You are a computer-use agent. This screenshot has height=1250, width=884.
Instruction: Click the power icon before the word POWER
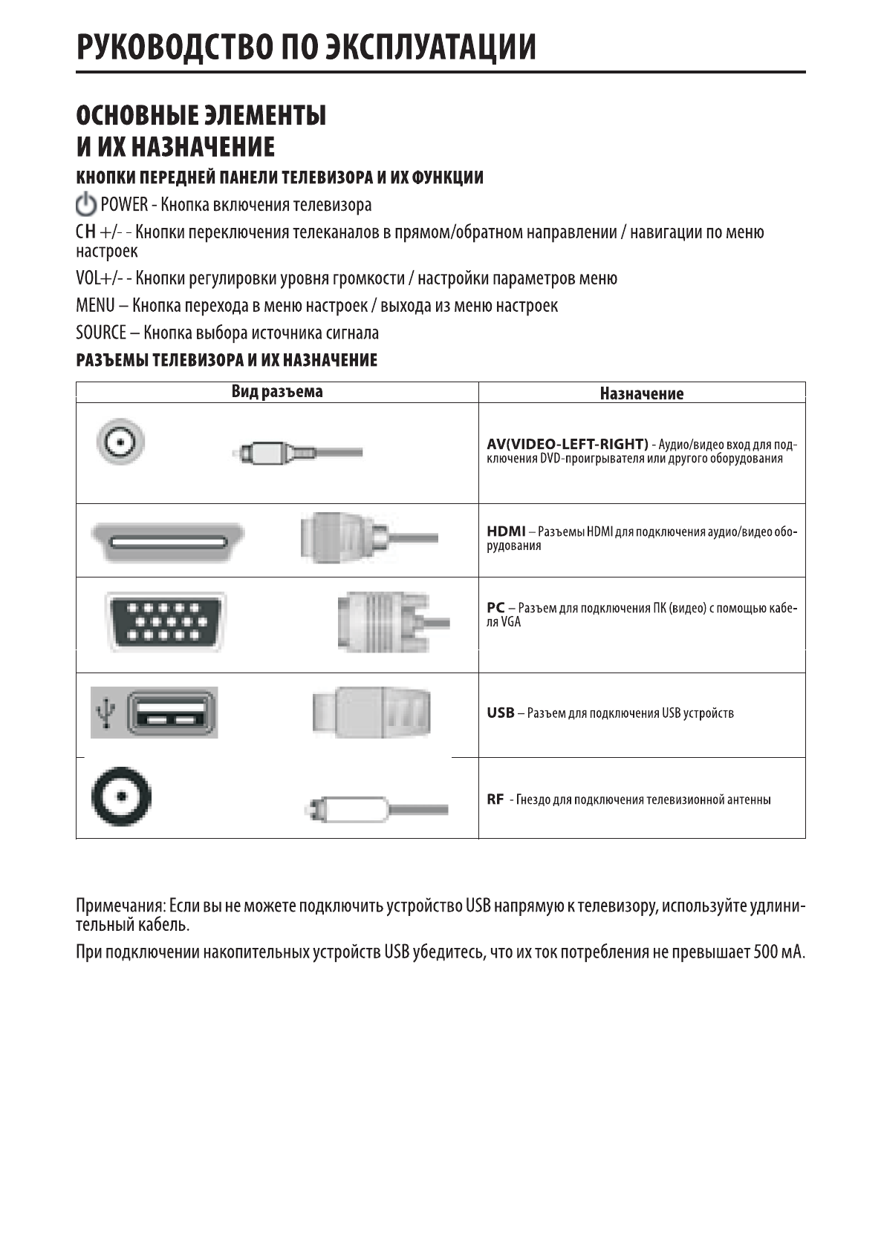tap(86, 204)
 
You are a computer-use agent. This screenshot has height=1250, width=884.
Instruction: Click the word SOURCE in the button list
tap(100, 333)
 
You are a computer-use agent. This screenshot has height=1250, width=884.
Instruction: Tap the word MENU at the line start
tap(95, 306)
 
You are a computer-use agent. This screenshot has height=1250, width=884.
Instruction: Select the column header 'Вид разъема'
tap(277, 391)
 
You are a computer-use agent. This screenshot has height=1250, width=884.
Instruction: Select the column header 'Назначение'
tap(642, 393)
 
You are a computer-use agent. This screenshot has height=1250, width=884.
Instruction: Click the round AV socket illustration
tap(120, 443)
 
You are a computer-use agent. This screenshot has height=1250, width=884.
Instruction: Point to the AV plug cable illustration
tap(297, 452)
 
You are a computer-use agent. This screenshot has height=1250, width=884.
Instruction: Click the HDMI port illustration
tap(168, 543)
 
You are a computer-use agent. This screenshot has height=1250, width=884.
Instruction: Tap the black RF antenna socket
tap(121, 798)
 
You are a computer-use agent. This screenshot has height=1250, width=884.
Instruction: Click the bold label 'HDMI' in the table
tap(506, 531)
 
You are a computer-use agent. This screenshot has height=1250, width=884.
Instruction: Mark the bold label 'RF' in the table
tap(495, 799)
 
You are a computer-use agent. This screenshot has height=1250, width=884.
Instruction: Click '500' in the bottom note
tap(764, 952)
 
